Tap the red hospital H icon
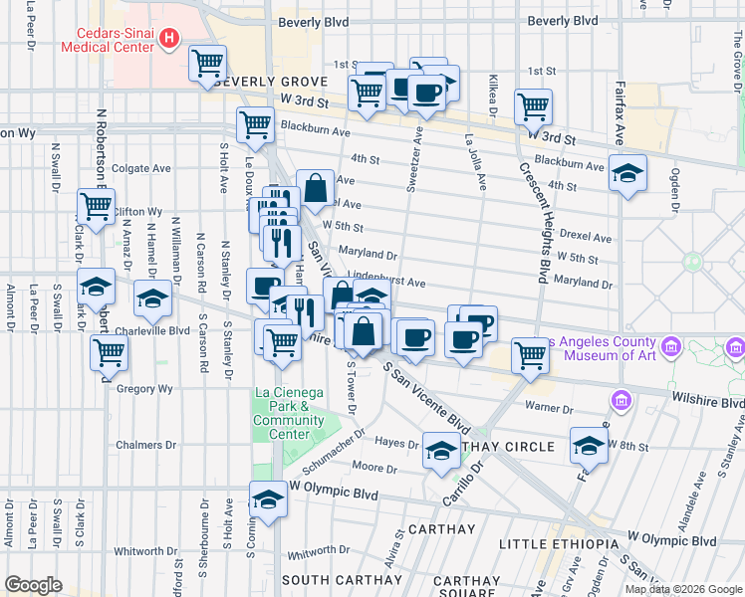pyautogui.click(x=170, y=39)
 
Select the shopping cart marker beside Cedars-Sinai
pyautogui.click(x=207, y=65)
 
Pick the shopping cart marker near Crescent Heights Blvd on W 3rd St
pyautogui.click(x=533, y=106)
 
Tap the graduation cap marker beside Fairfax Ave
pyautogui.click(x=627, y=174)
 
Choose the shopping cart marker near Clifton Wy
pyautogui.click(x=96, y=207)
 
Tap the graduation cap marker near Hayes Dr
pyautogui.click(x=441, y=451)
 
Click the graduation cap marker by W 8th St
pyautogui.click(x=589, y=445)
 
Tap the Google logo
pyautogui.click(x=34, y=585)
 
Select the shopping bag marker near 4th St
pyautogui.click(x=315, y=187)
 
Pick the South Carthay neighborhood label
pyautogui.click(x=341, y=579)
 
